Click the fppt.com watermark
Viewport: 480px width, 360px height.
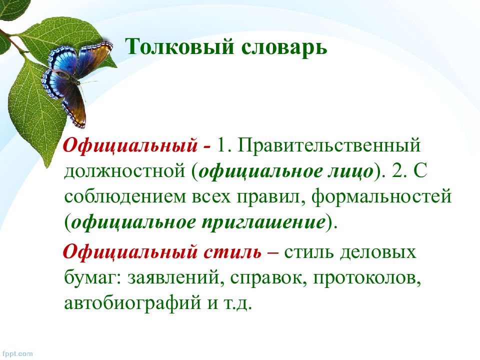coord(16,353)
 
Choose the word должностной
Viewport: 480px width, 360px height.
coord(124,171)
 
